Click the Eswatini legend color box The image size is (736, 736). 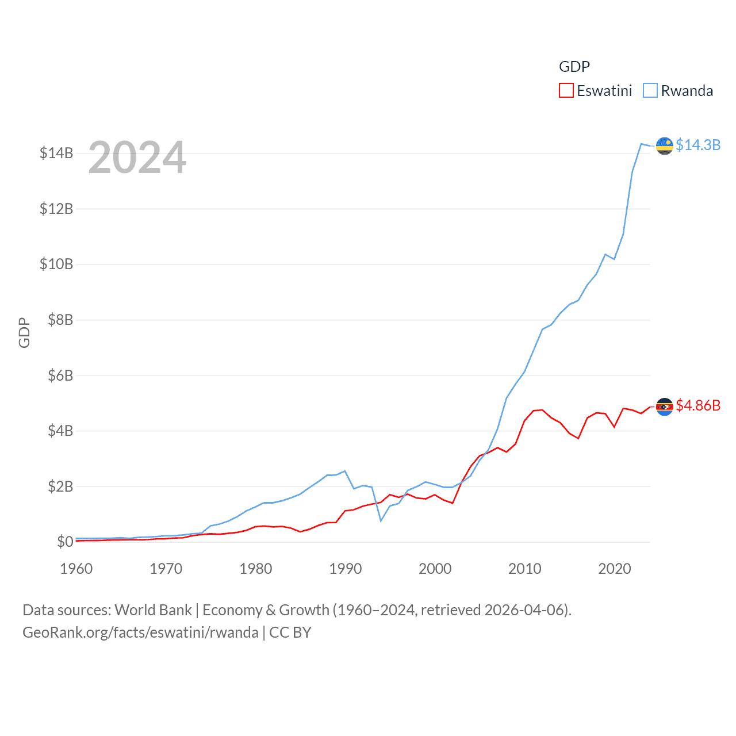(x=566, y=91)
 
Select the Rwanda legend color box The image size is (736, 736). (x=650, y=91)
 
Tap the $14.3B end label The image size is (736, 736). (x=698, y=145)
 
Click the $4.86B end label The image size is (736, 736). (x=698, y=405)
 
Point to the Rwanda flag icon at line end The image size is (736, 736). (x=665, y=146)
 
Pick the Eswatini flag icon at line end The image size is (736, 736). (x=665, y=407)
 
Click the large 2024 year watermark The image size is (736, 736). (x=137, y=158)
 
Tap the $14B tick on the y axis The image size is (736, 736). (x=56, y=153)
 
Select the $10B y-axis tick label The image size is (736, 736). (x=56, y=264)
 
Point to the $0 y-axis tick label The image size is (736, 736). (x=65, y=542)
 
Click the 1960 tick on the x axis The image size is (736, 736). (x=76, y=569)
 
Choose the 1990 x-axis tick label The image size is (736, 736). (x=346, y=569)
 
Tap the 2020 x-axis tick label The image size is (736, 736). (x=615, y=569)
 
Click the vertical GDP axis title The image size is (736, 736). (x=24, y=332)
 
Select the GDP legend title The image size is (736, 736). (x=574, y=67)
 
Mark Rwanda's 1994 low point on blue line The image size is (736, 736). (x=381, y=520)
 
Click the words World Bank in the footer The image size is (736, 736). (x=154, y=610)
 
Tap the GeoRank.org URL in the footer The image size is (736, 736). (x=140, y=632)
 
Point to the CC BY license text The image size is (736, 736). (x=290, y=632)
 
